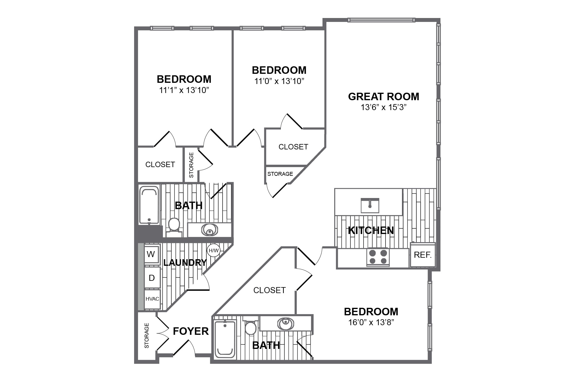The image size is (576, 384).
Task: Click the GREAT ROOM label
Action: point(383,97)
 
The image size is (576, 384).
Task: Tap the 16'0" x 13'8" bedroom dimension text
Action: point(371,322)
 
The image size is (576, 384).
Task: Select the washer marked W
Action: point(151,254)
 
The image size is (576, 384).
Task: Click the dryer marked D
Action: point(152,278)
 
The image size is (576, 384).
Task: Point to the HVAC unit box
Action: point(152,299)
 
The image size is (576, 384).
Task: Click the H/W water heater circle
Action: point(214,250)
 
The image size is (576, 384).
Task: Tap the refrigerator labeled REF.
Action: point(422,255)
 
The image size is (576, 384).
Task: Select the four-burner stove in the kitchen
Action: point(378,257)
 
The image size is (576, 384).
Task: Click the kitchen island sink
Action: point(370,205)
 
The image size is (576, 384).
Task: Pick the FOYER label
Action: point(191,331)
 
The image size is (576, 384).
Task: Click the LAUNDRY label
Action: point(185,263)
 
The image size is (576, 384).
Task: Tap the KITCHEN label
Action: point(371,230)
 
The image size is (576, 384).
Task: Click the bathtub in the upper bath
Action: point(149,205)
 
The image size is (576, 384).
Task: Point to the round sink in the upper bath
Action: point(209,230)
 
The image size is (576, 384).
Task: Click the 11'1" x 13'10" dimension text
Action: point(184,90)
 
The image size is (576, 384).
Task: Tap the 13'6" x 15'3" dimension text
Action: point(383,107)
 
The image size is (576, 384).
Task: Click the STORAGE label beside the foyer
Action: point(147,335)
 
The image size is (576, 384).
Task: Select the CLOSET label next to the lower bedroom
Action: point(269,290)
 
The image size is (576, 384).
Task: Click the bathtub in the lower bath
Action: point(225,339)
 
